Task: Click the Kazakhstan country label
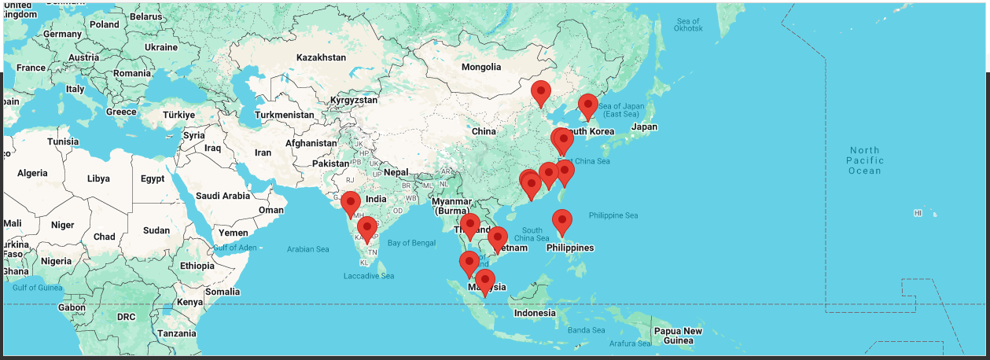click(321, 57)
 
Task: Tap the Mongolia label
click(480, 67)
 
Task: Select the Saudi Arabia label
click(223, 196)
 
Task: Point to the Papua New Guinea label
click(678, 336)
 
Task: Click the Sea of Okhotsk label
click(688, 24)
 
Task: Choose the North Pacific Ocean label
click(864, 160)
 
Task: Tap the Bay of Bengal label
click(411, 243)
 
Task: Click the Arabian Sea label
click(307, 249)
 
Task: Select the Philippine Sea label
click(613, 215)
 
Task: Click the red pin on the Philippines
click(561, 222)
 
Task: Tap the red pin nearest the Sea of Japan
click(587, 105)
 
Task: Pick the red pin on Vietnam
click(497, 238)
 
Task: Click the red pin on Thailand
click(470, 226)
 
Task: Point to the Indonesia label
click(535, 313)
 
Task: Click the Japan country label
click(644, 127)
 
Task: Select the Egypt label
click(153, 178)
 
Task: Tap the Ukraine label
click(160, 47)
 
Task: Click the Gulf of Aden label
click(234, 248)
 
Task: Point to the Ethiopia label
click(197, 266)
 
